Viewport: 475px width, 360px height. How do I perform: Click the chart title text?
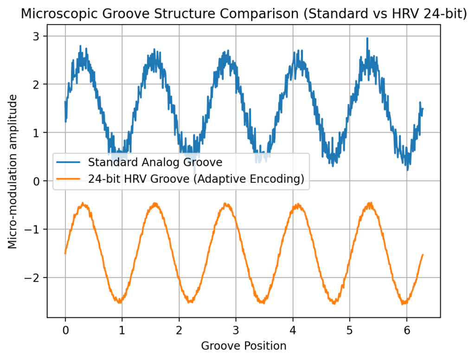pyautogui.click(x=244, y=14)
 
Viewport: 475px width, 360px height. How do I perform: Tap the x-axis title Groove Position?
pyautogui.click(x=244, y=346)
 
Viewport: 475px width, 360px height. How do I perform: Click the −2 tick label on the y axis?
pyautogui.click(x=36, y=278)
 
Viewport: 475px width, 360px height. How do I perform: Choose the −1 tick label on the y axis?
pyautogui.click(x=36, y=230)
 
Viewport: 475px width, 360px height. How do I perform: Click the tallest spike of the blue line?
pyautogui.click(x=367, y=39)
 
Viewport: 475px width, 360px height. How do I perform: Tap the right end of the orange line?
pyautogui.click(x=423, y=254)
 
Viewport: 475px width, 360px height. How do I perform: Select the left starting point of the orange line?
pyautogui.click(x=65, y=253)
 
